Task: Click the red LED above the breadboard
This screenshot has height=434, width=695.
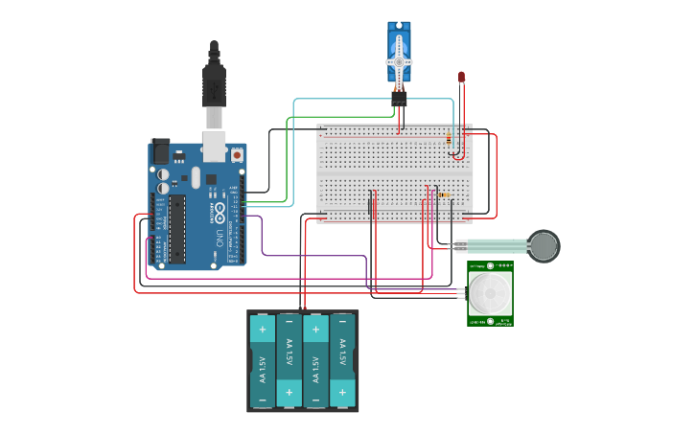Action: point(461,76)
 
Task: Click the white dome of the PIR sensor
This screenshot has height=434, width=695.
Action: point(491,293)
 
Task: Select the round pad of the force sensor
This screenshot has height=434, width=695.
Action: point(544,245)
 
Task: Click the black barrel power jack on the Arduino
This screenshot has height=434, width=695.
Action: point(160,150)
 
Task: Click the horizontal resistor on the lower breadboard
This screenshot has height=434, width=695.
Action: point(446,195)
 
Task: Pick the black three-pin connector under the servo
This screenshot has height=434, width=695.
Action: point(399,97)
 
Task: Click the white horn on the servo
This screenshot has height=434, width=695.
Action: point(399,61)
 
